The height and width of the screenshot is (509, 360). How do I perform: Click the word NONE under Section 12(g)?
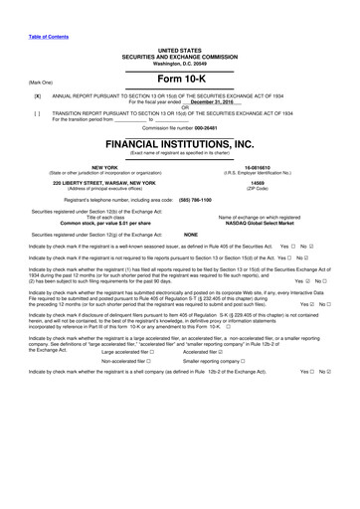[191, 234]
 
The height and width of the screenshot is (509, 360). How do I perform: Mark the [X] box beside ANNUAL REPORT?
[37, 97]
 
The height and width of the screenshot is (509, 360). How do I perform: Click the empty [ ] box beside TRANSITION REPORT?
[37, 113]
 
